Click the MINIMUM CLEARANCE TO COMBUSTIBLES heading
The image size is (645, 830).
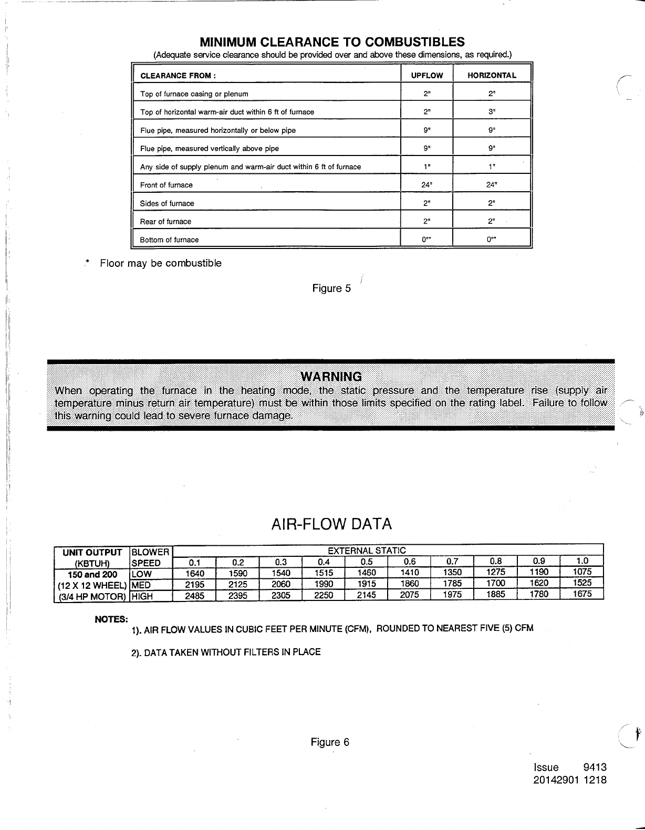pos(332,42)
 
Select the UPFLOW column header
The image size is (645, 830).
pos(426,76)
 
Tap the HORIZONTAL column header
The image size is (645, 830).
pos(492,76)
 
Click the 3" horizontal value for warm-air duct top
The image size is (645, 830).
pos(492,112)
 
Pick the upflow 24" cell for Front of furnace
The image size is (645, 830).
pos(426,185)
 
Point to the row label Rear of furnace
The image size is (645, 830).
pos(165,222)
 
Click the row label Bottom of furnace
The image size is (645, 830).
pos(169,240)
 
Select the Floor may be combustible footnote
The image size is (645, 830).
pos(161,263)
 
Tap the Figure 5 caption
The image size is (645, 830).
pos(331,288)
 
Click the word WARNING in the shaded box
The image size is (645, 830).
pos(331,377)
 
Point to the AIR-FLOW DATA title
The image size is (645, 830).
pos(331,524)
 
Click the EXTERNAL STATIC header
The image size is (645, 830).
pos(367,551)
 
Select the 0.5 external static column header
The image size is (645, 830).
pos(367,562)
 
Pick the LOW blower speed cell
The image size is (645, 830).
pos(142,574)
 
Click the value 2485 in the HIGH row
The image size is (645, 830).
pos(195,596)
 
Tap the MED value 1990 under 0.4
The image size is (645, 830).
pos(324,584)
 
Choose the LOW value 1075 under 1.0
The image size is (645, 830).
pos(582,572)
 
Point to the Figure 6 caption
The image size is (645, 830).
pos(330,742)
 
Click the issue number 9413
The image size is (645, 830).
pos(595,767)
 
